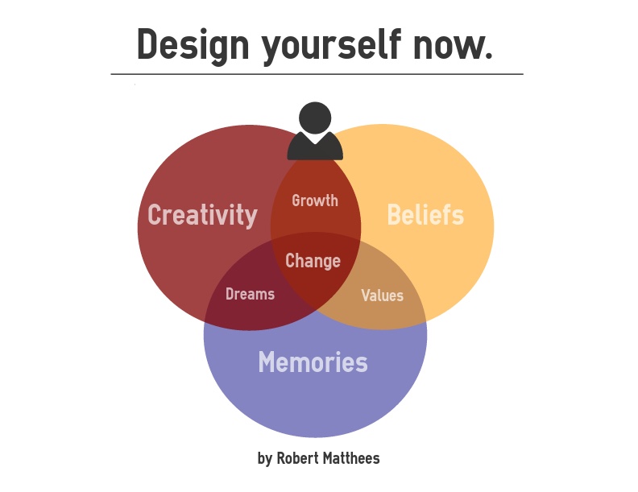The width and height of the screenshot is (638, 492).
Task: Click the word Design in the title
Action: [x=193, y=46]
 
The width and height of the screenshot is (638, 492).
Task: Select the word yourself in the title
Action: [x=331, y=46]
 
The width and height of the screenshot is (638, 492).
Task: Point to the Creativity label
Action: [x=203, y=215]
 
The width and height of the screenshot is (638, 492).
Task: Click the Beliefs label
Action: [x=425, y=214]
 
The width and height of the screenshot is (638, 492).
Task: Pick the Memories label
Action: [x=313, y=362]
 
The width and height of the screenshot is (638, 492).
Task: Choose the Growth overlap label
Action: [x=315, y=201]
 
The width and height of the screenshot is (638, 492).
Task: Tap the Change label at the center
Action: [x=313, y=261]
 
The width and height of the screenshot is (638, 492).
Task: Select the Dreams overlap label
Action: [x=251, y=294]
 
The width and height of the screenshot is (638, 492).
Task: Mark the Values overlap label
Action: [x=382, y=296]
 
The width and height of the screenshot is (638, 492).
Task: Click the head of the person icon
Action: [x=315, y=118]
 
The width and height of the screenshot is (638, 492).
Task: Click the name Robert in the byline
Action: [x=297, y=458]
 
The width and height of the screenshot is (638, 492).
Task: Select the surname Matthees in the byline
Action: [x=351, y=458]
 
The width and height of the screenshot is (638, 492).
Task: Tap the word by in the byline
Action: [x=265, y=459]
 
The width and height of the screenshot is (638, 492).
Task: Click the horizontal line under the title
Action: [x=317, y=74]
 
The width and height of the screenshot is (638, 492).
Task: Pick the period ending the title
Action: [x=489, y=57]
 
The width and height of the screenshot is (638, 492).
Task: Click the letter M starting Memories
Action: [x=267, y=362]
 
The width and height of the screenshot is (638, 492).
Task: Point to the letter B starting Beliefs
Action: [x=394, y=214]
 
